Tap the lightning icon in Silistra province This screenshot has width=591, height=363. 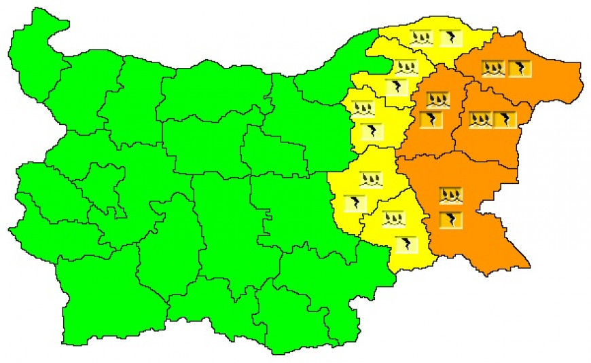450,38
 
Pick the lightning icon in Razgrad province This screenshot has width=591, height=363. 396,87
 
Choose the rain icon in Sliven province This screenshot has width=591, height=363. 371,179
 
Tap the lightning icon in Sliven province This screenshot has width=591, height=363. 355,202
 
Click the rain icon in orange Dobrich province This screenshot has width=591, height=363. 493,68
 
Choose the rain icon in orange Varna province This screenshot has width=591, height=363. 480,119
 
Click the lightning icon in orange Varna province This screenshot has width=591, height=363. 505,119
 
